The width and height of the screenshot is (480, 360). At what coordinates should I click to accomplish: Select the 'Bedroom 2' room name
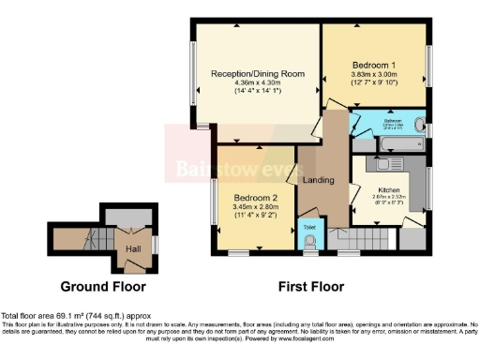[256, 198]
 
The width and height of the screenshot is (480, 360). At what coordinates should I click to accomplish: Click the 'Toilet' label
[309, 225]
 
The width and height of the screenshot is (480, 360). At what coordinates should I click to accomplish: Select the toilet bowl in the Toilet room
[309, 242]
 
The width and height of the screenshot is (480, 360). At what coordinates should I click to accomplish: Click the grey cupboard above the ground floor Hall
[126, 217]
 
